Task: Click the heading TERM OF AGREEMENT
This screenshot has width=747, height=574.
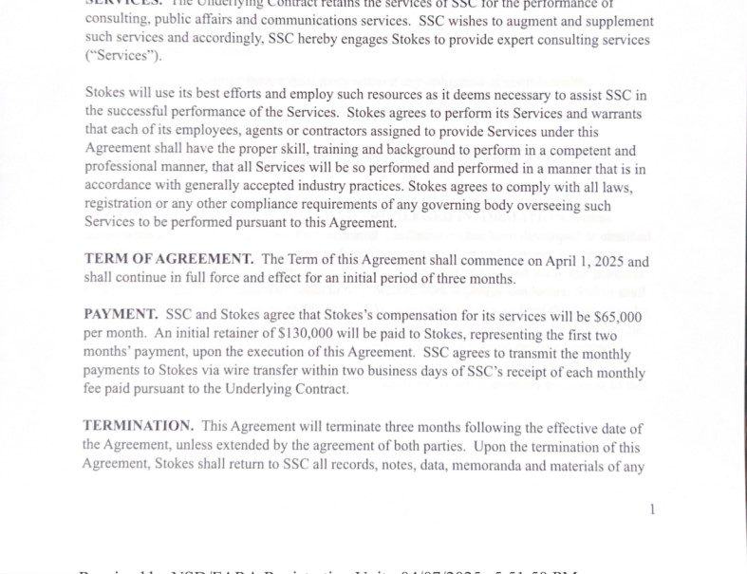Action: (x=168, y=259)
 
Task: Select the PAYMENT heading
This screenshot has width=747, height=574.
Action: (x=120, y=314)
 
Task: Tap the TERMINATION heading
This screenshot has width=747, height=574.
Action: (x=138, y=426)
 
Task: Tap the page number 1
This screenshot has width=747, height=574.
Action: (x=652, y=509)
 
